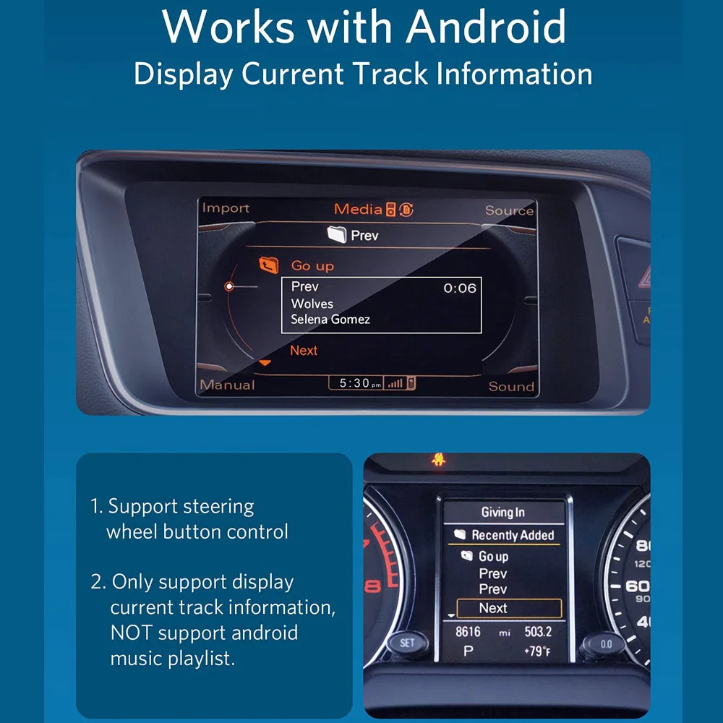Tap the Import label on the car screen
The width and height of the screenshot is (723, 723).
pyautogui.click(x=226, y=208)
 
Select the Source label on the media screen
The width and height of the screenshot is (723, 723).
pyautogui.click(x=509, y=210)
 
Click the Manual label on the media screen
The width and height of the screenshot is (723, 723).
pyautogui.click(x=227, y=385)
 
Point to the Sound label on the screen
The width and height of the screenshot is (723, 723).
pyautogui.click(x=511, y=386)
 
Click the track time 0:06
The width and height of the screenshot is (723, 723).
pyautogui.click(x=460, y=288)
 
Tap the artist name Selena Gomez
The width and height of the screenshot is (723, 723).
pyautogui.click(x=330, y=319)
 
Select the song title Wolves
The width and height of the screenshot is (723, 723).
pyautogui.click(x=312, y=304)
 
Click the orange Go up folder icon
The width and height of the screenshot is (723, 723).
pyautogui.click(x=269, y=265)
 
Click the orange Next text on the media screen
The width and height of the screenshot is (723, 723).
pyautogui.click(x=304, y=350)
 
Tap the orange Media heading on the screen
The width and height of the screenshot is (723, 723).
pyautogui.click(x=358, y=209)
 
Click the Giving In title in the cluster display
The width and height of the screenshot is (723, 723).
pyautogui.click(x=503, y=512)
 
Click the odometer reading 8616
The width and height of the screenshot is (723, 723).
pyautogui.click(x=469, y=632)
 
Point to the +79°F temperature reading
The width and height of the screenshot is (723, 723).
pyautogui.click(x=536, y=651)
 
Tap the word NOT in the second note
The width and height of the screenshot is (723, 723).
pyautogui.click(x=131, y=633)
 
